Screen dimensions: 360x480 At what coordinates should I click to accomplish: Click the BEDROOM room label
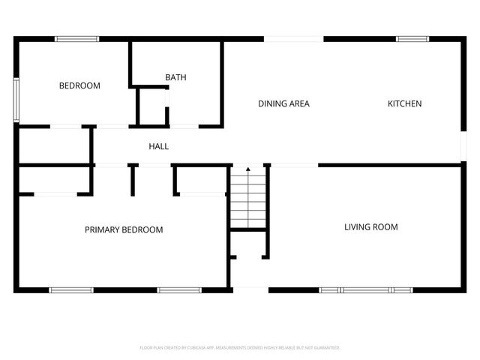(79, 85)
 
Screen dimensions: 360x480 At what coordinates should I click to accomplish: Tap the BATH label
(175, 77)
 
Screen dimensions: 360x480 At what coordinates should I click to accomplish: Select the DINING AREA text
(283, 103)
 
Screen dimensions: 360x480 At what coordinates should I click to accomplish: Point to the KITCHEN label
(404, 103)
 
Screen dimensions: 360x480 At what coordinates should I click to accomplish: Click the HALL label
(158, 146)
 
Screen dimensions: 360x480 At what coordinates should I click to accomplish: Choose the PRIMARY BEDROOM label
(124, 229)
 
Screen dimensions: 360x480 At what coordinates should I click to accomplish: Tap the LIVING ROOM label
(370, 226)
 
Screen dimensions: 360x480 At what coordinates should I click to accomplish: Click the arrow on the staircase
(248, 171)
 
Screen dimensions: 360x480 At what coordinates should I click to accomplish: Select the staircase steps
(248, 199)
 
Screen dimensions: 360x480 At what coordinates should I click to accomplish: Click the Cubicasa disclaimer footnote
(240, 348)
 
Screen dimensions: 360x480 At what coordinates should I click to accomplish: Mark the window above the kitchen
(412, 38)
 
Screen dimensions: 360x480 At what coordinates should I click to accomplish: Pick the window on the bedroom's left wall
(16, 100)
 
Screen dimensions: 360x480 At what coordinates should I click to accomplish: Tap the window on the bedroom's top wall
(76, 38)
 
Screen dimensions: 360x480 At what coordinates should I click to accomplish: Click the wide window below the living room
(365, 289)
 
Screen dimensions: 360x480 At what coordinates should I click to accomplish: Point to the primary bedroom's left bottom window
(71, 289)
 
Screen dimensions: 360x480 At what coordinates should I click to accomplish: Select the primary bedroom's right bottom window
(179, 289)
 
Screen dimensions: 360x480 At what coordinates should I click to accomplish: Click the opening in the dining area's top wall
(293, 38)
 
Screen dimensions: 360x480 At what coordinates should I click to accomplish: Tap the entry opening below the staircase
(250, 289)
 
